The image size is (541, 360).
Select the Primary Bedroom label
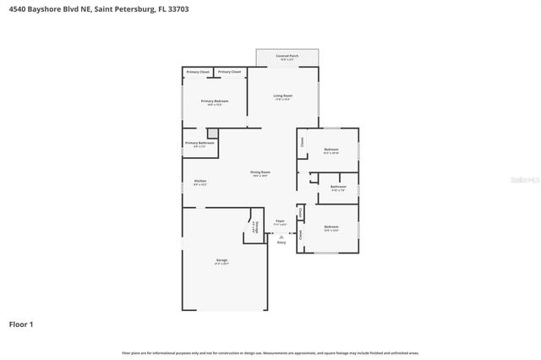click(215, 101)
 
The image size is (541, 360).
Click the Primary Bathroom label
click(200, 144)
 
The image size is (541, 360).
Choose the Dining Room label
click(260, 173)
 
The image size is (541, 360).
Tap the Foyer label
click(280, 223)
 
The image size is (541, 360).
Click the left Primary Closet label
click(199, 73)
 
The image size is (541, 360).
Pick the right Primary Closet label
click(229, 73)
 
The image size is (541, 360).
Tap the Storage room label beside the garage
click(255, 226)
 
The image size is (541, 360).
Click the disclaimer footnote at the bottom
click(270, 352)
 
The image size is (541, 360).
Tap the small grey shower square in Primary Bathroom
click(212, 133)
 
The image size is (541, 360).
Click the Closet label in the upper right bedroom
click(303, 142)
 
